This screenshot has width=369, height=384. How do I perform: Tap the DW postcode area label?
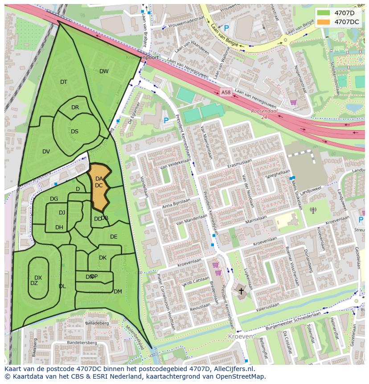click(x=104, y=71)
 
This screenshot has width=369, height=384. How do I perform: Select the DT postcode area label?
click(x=64, y=82)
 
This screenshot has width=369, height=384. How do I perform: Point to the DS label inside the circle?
click(x=74, y=132)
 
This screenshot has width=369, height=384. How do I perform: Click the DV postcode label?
click(x=46, y=152)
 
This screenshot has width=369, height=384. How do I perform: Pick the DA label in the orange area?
click(x=99, y=179)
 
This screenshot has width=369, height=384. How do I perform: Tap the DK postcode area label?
click(x=102, y=258)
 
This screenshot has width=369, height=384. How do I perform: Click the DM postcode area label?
click(x=118, y=292)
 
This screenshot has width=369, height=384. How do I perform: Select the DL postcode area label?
click(x=62, y=286)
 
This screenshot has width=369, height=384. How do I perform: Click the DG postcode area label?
click(x=54, y=199)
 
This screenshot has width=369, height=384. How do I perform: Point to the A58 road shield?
click(x=226, y=93)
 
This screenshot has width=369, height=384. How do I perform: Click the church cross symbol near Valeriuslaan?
click(x=242, y=291)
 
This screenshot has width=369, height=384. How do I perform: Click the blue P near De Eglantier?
click(x=166, y=120)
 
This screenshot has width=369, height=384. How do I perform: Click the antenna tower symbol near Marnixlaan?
click(x=313, y=210)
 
